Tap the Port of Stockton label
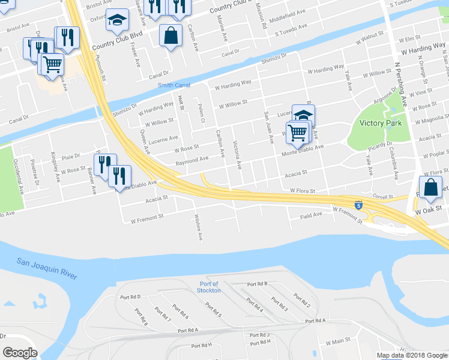click(209, 287)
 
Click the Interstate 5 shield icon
click(358, 206)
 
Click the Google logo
click(20, 353)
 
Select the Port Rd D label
click(130, 297)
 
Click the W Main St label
click(337, 341)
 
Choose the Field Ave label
click(312, 214)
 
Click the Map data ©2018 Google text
click(411, 355)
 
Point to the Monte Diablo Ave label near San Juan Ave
click(303, 146)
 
